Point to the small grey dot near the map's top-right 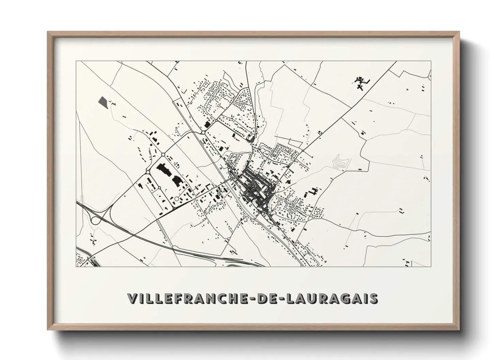(x=407, y=89)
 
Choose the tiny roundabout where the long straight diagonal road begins (x=302, y=150)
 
